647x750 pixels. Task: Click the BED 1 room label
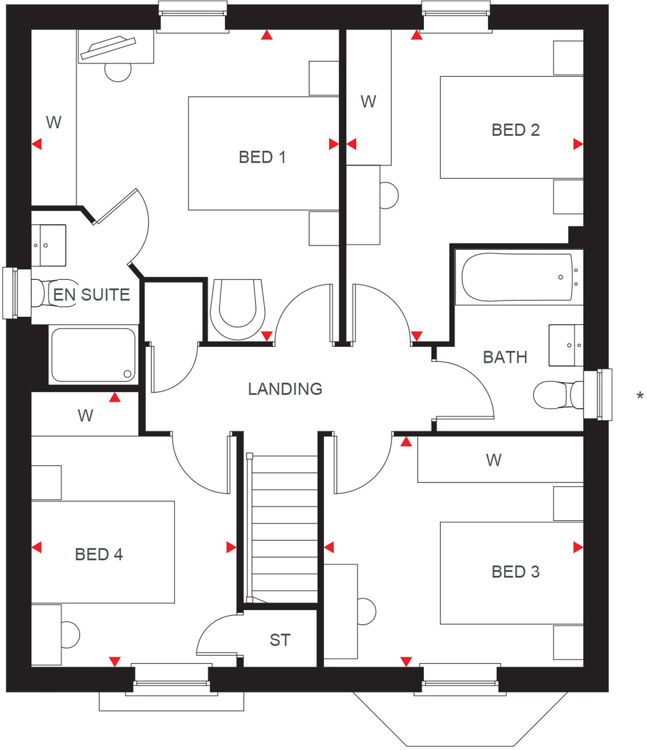262,157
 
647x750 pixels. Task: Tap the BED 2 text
515,130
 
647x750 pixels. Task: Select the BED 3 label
515,572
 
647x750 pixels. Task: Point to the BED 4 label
99,554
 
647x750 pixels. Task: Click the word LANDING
285,389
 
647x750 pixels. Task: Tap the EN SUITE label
92,295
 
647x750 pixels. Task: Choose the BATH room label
505,357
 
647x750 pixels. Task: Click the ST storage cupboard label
280,640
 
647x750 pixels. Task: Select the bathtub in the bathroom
517,277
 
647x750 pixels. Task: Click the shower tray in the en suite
93,355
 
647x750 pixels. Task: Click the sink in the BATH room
565,345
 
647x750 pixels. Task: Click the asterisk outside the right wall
639,396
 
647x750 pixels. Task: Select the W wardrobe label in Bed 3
493,460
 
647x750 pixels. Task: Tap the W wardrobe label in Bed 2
368,102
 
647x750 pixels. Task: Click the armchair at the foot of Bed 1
237,308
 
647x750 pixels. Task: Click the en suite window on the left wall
11,293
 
